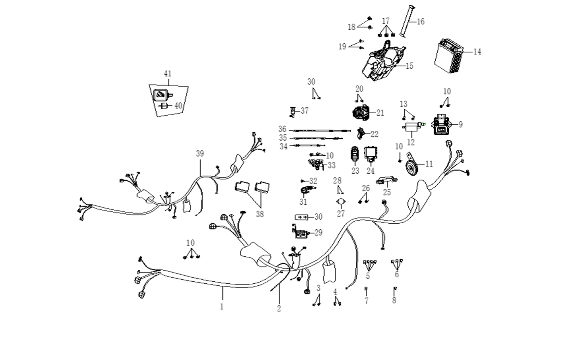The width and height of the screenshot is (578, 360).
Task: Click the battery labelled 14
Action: tap(449, 56)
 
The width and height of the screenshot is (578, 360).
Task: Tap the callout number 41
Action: tap(168, 74)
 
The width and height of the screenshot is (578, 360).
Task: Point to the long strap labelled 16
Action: tap(407, 21)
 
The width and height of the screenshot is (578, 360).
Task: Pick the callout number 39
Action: tap(200, 154)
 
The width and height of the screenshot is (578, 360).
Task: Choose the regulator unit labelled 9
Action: tap(442, 124)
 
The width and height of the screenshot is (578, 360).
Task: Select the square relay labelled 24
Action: tap(371, 154)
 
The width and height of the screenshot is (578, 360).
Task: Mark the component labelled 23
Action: tap(355, 154)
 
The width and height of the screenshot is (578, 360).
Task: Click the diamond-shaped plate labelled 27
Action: tap(341, 202)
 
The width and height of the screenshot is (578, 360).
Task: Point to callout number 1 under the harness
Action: tap(222, 307)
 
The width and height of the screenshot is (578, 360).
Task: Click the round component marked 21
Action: tap(361, 113)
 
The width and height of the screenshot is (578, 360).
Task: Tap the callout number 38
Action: tap(260, 214)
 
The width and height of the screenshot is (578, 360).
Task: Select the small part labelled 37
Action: tap(293, 112)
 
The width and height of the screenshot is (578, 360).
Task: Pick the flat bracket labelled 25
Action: tap(386, 180)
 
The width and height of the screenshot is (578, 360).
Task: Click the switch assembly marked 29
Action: tap(300, 232)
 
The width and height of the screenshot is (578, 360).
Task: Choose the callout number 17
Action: tap(386, 21)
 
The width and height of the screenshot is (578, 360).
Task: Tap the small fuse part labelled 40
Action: tap(163, 106)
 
